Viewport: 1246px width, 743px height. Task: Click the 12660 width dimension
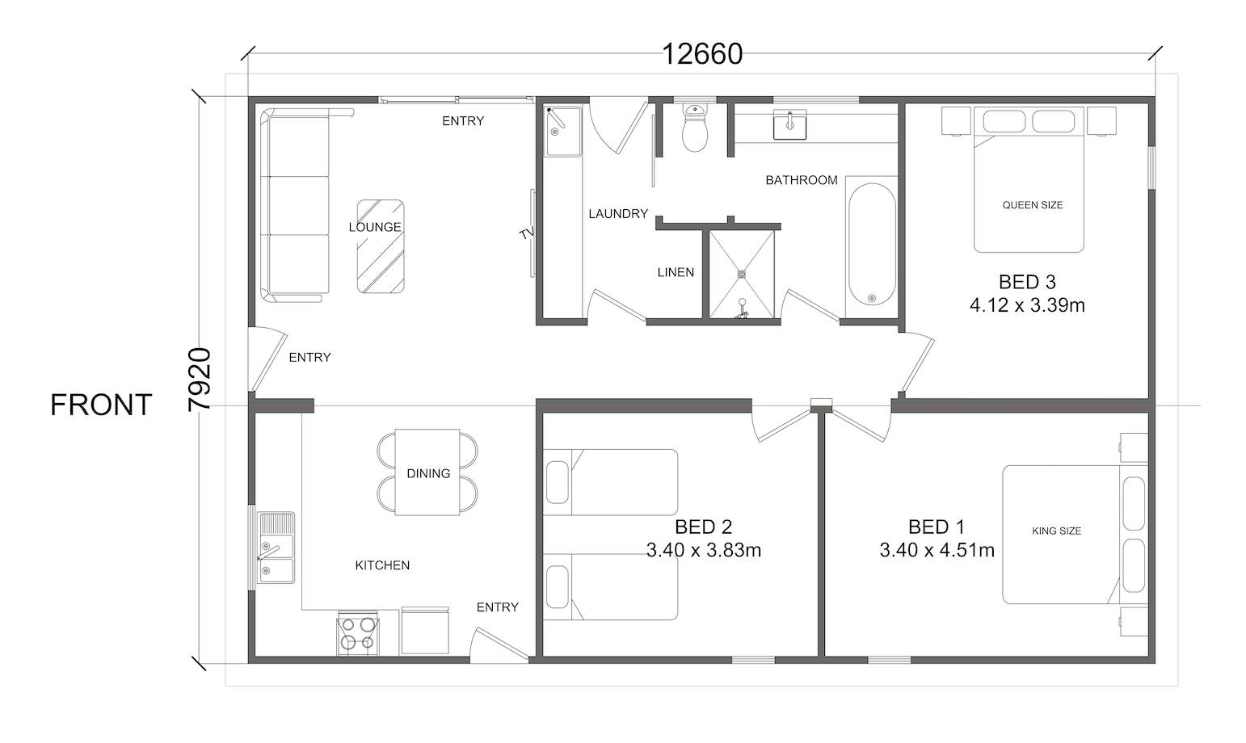click(x=702, y=54)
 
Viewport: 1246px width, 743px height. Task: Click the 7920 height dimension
click(x=200, y=380)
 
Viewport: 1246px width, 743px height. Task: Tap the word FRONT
click(x=101, y=405)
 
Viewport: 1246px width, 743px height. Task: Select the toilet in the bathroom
click(x=694, y=128)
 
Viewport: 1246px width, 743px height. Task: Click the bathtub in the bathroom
click(x=872, y=245)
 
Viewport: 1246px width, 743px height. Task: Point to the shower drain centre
click(x=742, y=274)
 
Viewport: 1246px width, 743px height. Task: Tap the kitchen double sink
click(x=276, y=548)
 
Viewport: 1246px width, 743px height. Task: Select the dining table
click(x=427, y=472)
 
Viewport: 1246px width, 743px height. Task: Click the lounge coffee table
click(x=381, y=246)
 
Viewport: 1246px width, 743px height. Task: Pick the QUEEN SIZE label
click(x=1033, y=205)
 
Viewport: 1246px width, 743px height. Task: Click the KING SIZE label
click(x=1056, y=531)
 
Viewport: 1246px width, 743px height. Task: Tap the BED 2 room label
click(x=703, y=527)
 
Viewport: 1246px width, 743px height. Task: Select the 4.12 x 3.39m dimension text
click(x=1027, y=305)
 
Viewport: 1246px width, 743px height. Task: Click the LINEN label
click(x=676, y=272)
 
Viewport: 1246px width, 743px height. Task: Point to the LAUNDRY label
click(x=618, y=213)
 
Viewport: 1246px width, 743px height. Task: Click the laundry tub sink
click(x=562, y=132)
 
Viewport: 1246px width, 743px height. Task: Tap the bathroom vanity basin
click(x=789, y=125)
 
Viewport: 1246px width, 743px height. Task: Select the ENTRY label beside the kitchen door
click(x=497, y=607)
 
